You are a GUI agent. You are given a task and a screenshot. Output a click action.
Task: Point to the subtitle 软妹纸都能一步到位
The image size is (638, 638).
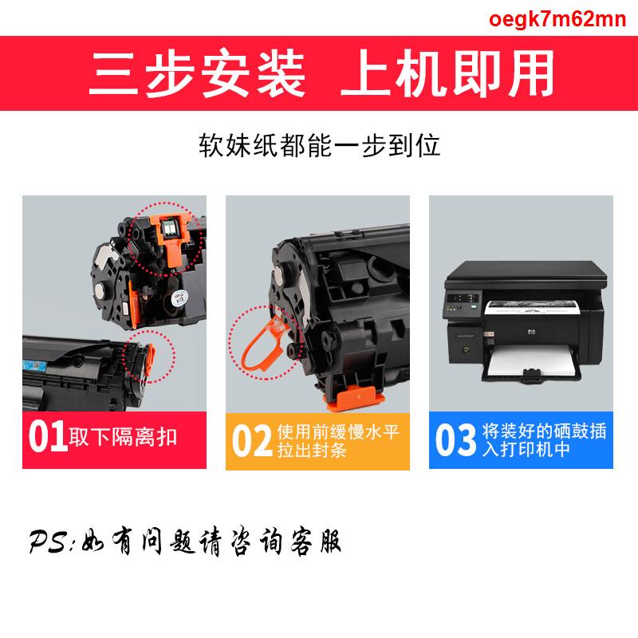(x=319, y=146)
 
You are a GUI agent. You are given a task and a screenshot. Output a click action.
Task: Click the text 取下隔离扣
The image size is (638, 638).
(x=123, y=438)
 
